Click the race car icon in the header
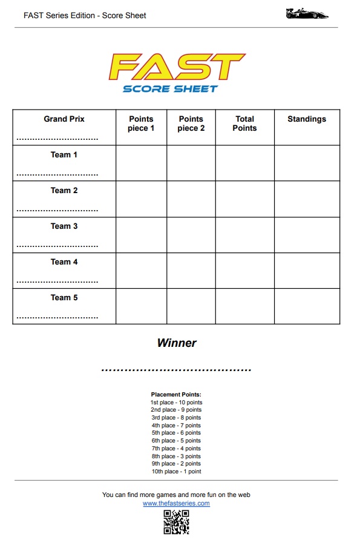(307, 14)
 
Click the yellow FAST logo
(177, 67)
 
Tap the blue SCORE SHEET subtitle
(170, 88)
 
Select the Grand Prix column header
(64, 119)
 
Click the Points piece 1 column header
(141, 123)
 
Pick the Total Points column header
(244, 123)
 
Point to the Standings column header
(307, 119)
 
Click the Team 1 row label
(64, 155)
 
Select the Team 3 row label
(64, 226)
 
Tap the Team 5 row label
(64, 298)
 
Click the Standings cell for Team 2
(307, 199)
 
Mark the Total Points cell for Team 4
(244, 271)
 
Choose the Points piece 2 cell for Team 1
(191, 163)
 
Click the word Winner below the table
(177, 343)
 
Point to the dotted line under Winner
(176, 369)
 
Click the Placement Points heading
(176, 395)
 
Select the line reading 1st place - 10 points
(176, 403)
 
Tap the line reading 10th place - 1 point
(176, 472)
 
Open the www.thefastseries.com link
(176, 504)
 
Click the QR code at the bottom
(176, 522)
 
